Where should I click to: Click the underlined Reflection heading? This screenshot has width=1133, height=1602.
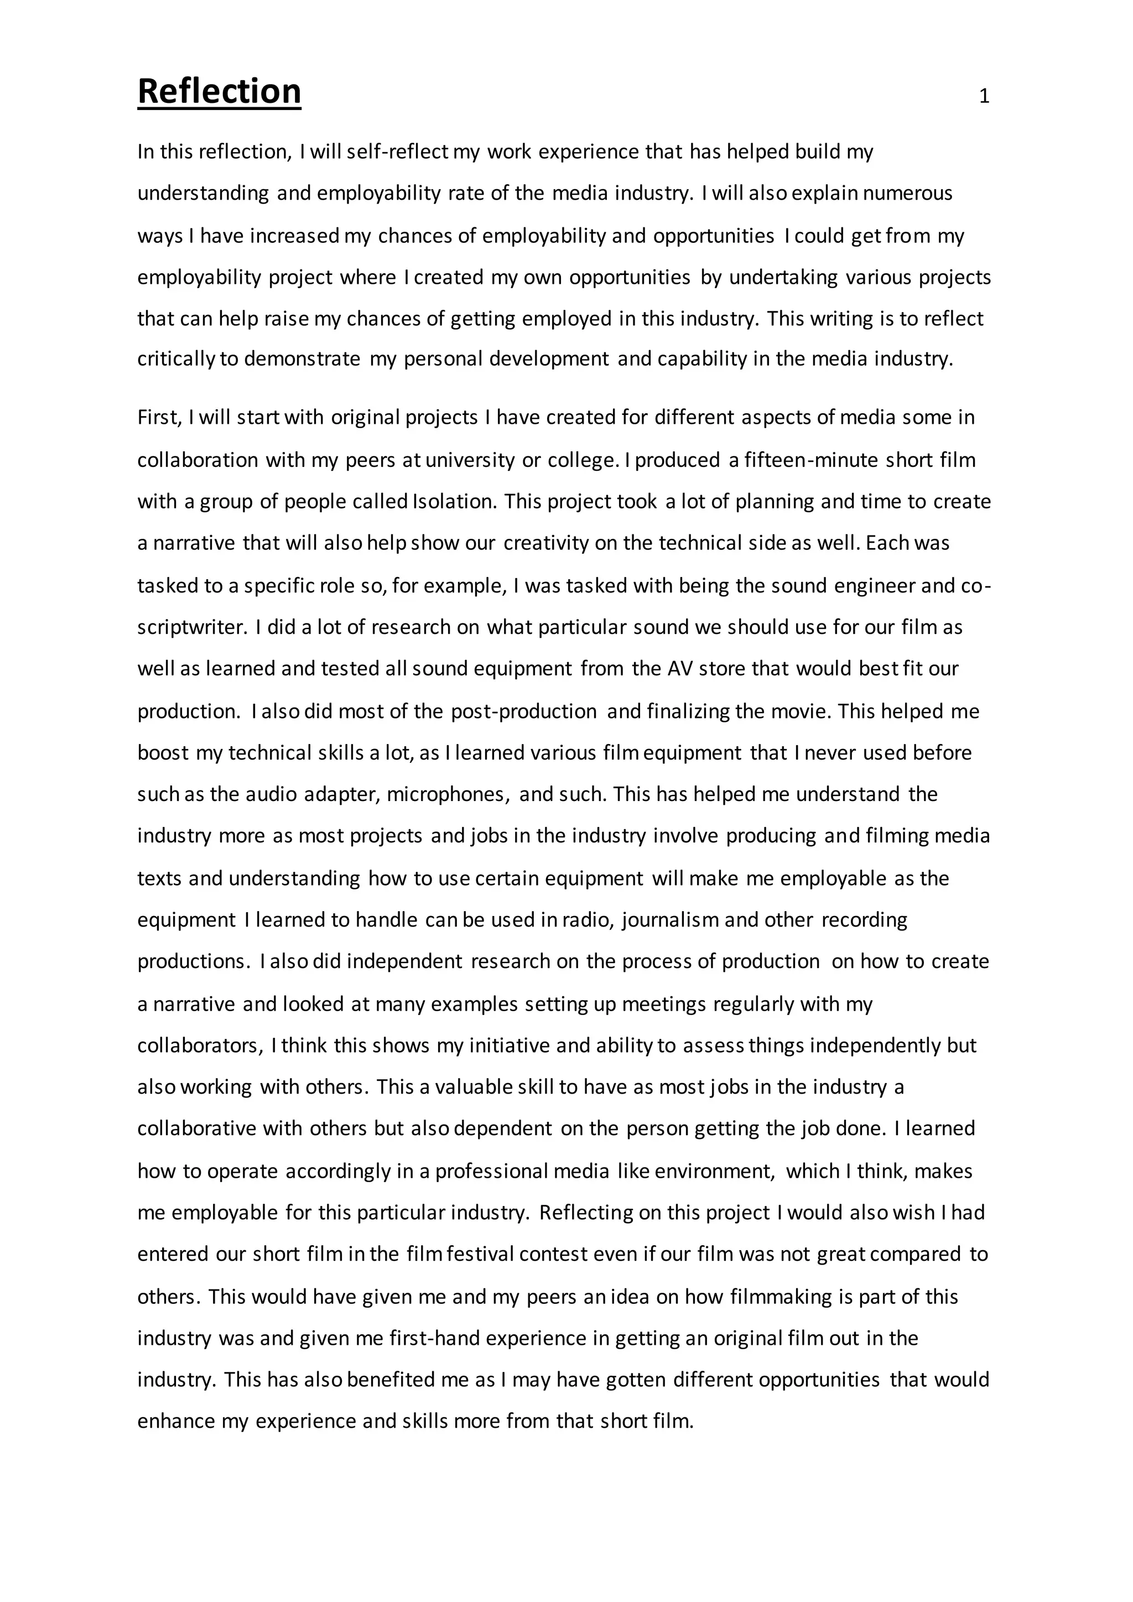click(x=219, y=91)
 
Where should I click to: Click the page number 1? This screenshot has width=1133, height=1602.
click(x=984, y=96)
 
